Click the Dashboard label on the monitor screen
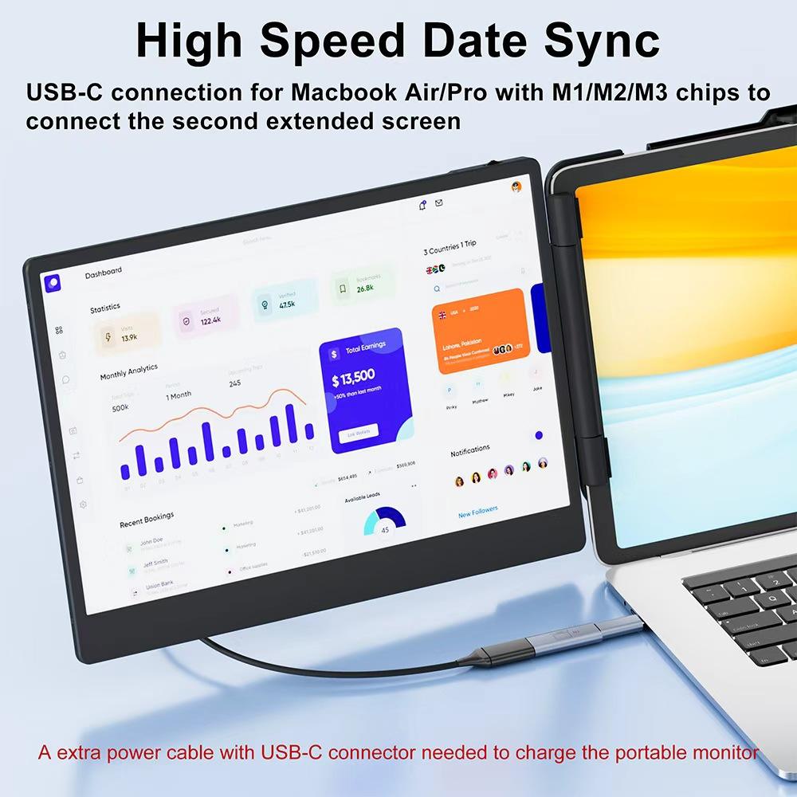[x=104, y=273]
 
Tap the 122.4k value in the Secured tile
[x=210, y=320]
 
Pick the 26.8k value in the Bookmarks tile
[x=365, y=288]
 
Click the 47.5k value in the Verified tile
[x=287, y=304]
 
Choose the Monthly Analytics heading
[x=128, y=372]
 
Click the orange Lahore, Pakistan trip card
[x=481, y=330]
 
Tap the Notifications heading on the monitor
[x=470, y=451]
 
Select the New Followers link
[x=477, y=512]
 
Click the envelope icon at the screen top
[x=439, y=203]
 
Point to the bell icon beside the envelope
[x=422, y=205]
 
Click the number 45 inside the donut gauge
[x=385, y=529]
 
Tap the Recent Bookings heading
[x=147, y=520]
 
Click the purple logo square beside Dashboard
[x=53, y=282]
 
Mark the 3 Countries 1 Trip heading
[x=450, y=248]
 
